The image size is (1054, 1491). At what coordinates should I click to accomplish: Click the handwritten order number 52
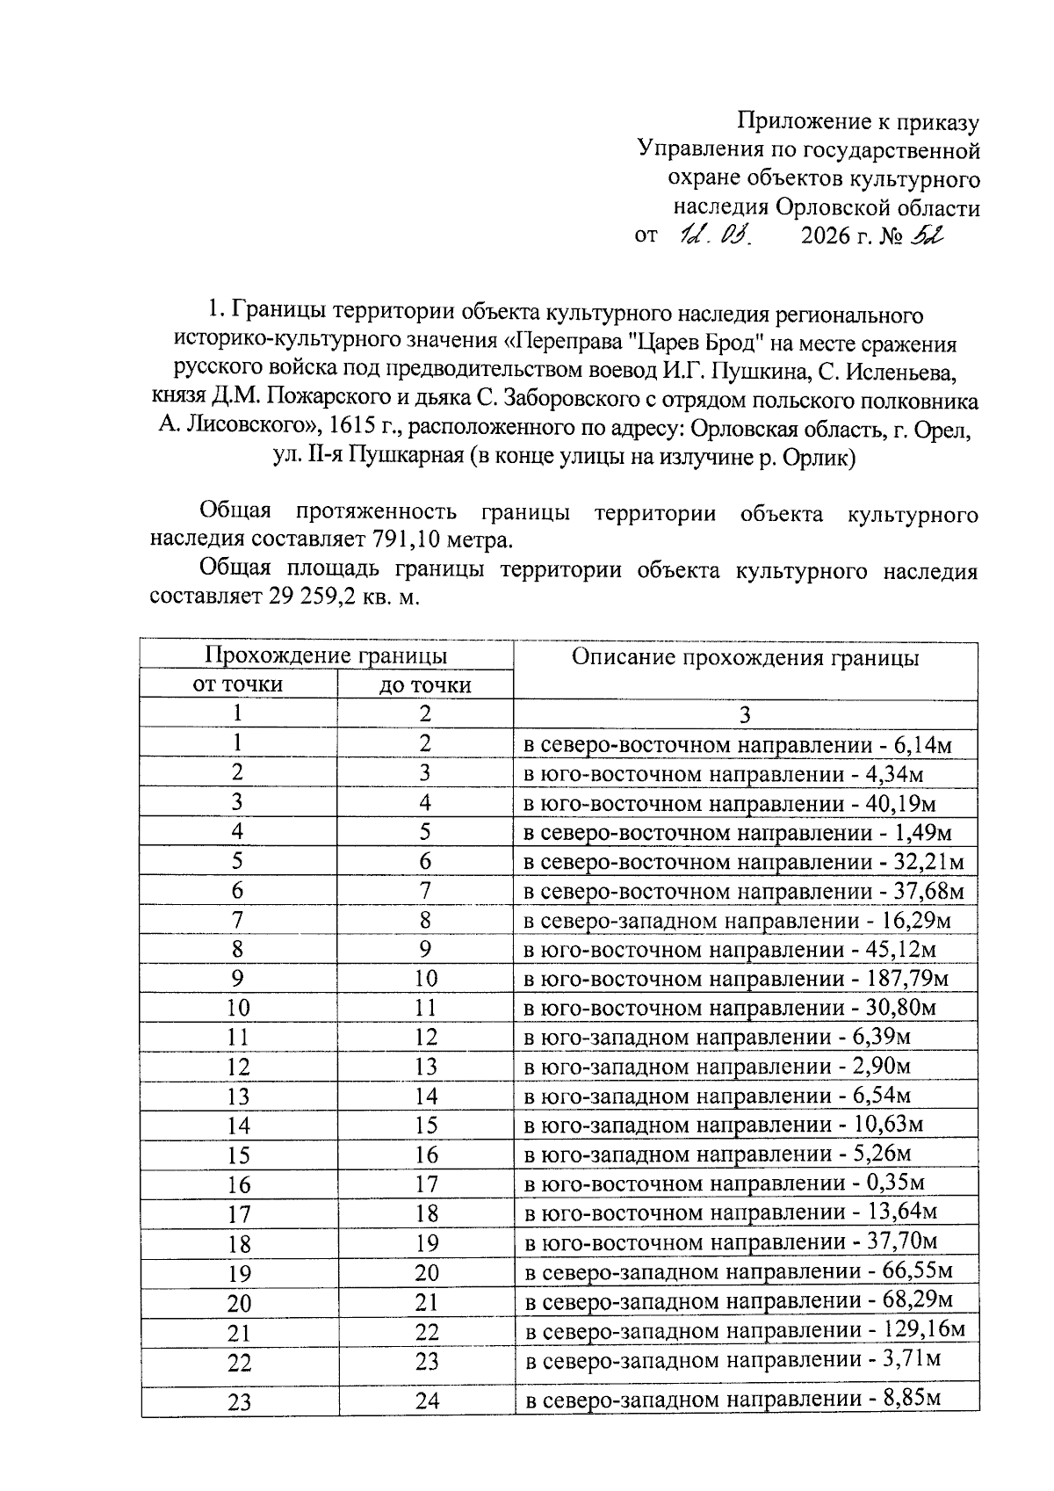tap(926, 235)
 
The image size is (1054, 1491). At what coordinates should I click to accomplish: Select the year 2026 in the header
tap(826, 236)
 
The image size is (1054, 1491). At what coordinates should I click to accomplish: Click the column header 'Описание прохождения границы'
tap(745, 658)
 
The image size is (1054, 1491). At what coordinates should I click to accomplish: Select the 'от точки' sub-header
tap(238, 684)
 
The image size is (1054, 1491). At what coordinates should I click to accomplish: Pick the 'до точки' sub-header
tap(425, 685)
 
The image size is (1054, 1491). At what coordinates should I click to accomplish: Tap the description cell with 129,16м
tap(745, 1330)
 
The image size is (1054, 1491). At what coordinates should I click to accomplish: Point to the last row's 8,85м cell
tap(733, 1399)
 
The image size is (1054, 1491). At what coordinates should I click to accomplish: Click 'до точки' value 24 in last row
tap(427, 1401)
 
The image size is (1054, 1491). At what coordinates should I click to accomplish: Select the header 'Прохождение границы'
tap(326, 655)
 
